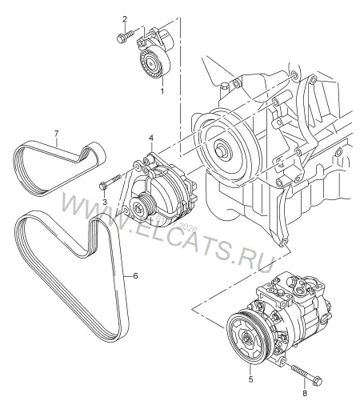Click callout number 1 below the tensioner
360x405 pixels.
[162, 91]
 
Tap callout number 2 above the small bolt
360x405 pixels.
[125, 19]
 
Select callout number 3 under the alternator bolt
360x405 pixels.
[105, 202]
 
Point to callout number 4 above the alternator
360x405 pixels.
[151, 138]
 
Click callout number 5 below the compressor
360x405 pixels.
[250, 379]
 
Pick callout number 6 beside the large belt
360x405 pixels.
[135, 276]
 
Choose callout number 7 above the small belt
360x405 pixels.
[56, 134]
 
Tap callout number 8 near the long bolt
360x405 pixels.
[305, 393]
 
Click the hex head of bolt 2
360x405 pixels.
[120, 39]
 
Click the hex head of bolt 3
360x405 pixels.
[102, 186]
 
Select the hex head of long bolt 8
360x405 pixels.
[318, 380]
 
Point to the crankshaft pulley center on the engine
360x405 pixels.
[222, 149]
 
